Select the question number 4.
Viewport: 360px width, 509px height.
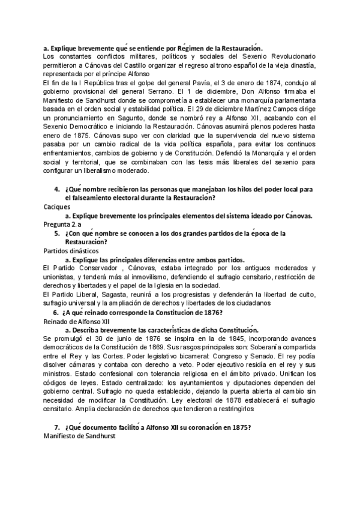(56, 189)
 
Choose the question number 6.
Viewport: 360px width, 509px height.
(55, 312)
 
